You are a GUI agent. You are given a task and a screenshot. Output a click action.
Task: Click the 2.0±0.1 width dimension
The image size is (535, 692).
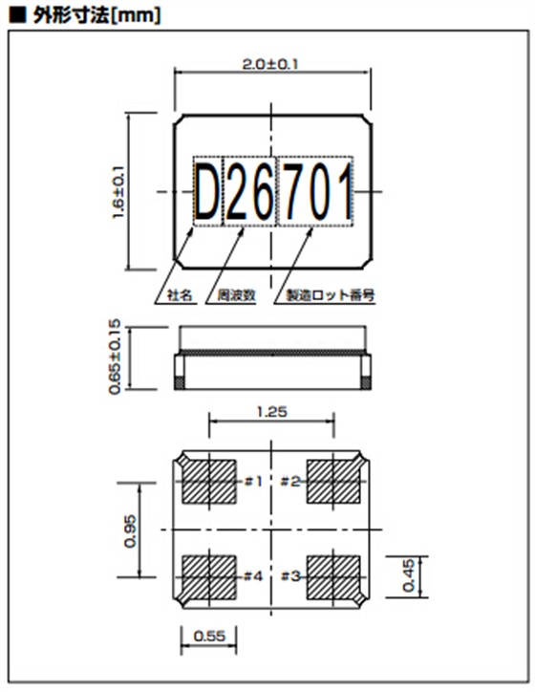[x=272, y=64]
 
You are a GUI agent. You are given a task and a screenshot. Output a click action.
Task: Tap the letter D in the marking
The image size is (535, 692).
[x=206, y=191]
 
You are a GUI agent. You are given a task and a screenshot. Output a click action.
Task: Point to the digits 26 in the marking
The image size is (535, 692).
[x=247, y=191]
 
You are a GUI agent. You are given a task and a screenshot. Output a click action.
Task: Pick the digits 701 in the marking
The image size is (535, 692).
[x=314, y=191]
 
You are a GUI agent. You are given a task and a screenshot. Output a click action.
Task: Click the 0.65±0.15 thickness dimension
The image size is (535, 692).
[x=117, y=357]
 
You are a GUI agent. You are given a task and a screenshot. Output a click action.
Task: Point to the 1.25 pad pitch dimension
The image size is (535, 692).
[x=272, y=413]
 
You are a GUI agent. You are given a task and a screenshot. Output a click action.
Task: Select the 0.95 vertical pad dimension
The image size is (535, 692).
[x=132, y=530]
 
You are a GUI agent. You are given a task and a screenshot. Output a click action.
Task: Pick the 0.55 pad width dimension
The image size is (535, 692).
[x=209, y=635]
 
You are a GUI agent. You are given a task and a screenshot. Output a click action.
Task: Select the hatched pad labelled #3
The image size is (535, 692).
[x=333, y=576]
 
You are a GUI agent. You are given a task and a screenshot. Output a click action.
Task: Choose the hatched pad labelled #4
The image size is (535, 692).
[x=208, y=576]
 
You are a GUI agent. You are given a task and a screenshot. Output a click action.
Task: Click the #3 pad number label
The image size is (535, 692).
[x=292, y=575]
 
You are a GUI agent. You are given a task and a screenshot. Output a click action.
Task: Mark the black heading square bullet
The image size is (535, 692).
[x=14, y=14]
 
